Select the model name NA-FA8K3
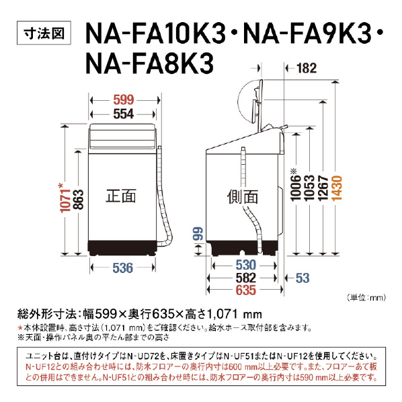click(149, 63)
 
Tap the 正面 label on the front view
click(121, 196)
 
